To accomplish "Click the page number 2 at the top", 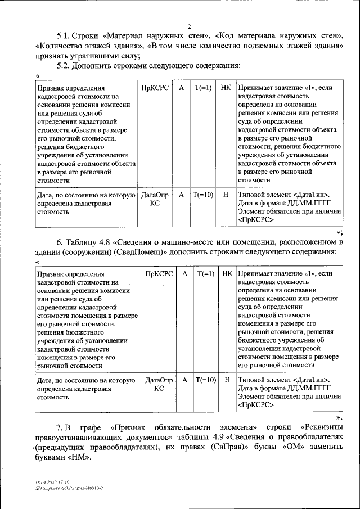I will (190, 26).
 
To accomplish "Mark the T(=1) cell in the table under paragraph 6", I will (205, 274).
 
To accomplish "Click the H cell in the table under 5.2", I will (226, 195).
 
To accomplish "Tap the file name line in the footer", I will (69, 489).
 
